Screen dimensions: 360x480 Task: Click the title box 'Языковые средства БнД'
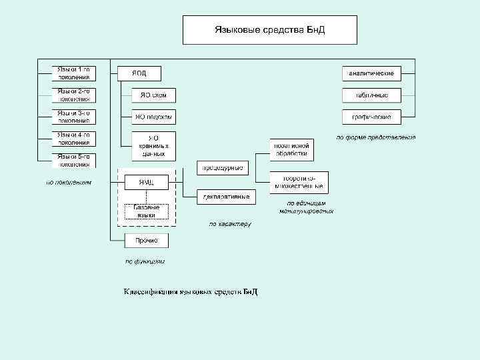[270, 30]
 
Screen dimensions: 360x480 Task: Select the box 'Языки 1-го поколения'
[73, 73]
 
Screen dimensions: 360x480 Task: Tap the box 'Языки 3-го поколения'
[73, 117]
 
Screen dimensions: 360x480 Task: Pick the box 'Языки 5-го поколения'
[73, 160]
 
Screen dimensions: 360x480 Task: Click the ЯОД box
[139, 73]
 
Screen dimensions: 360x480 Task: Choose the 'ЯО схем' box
[153, 95]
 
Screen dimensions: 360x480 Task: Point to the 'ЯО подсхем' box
[153, 117]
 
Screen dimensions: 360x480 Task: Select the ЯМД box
[146, 182]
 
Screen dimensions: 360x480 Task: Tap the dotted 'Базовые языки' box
[146, 211]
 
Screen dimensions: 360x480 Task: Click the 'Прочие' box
[146, 240]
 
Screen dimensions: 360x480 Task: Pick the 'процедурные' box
[223, 167]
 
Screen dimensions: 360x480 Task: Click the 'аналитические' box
[372, 73]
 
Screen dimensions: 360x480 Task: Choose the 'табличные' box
[372, 95]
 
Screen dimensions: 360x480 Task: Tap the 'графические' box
[372, 117]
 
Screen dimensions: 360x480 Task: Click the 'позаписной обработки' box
[291, 149]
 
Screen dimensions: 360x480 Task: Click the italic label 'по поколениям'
[69, 182]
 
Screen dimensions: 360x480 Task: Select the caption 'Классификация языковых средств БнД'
[190, 292]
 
